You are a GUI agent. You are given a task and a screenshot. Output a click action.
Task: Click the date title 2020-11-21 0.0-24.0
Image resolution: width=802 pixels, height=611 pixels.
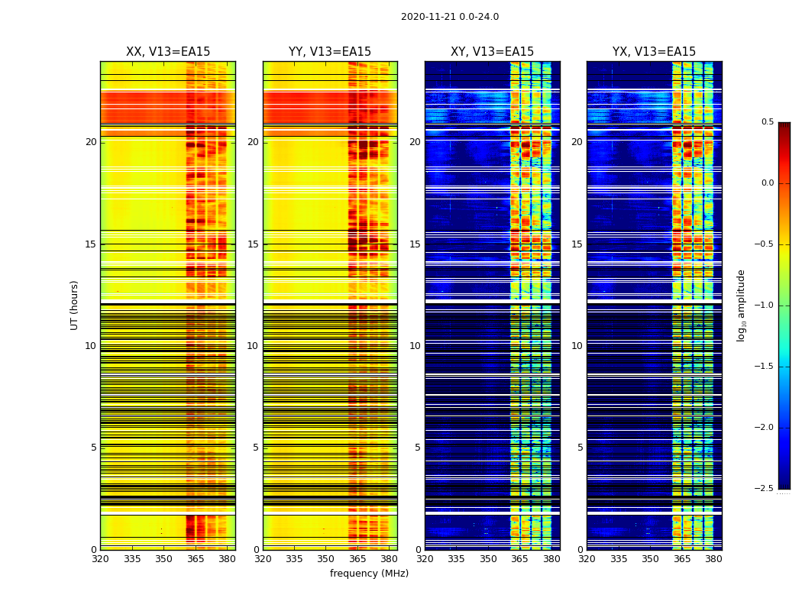click(x=449, y=17)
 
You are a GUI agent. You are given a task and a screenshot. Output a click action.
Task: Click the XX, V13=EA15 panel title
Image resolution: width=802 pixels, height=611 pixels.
click(x=168, y=52)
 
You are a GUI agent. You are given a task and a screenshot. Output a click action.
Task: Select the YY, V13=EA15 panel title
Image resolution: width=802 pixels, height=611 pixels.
click(x=330, y=52)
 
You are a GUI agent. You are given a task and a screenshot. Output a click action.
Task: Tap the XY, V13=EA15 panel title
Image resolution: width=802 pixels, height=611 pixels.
click(x=492, y=52)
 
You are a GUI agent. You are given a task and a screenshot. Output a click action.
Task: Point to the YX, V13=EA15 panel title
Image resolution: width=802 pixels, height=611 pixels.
click(x=654, y=52)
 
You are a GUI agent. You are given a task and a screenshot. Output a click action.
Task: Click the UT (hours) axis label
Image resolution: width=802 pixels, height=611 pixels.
click(x=74, y=305)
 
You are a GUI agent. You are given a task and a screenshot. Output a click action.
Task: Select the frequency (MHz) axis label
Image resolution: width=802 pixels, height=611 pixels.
click(x=369, y=574)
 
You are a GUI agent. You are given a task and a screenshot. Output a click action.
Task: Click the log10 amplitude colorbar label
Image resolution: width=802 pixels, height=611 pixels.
click(x=741, y=305)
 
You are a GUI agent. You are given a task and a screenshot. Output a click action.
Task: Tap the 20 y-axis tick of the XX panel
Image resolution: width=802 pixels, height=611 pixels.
click(x=91, y=142)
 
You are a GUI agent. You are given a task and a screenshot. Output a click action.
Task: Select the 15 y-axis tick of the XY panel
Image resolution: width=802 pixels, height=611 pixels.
click(x=415, y=244)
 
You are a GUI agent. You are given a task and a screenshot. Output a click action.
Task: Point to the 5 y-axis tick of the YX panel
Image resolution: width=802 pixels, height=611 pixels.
click(x=580, y=448)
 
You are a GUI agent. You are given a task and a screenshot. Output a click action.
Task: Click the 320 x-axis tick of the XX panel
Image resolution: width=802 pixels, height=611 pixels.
click(x=100, y=559)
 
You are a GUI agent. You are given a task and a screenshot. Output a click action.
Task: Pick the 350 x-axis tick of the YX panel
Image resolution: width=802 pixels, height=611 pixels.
click(x=650, y=559)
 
